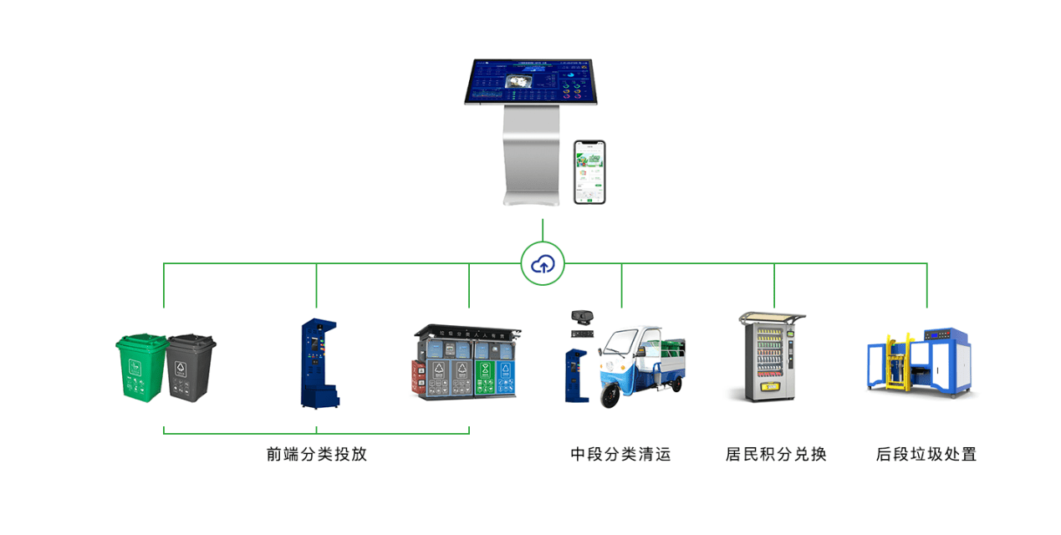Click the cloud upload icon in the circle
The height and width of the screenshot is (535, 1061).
(x=543, y=265)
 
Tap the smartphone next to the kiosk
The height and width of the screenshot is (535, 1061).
(x=589, y=171)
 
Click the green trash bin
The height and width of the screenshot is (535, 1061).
(x=140, y=368)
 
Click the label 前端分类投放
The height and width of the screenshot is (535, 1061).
(x=317, y=455)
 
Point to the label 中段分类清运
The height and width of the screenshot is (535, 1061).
(x=620, y=455)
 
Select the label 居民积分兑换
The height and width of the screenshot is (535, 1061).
(x=775, y=455)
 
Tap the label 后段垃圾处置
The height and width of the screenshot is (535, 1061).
(x=926, y=455)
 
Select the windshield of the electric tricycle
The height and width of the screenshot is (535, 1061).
(x=620, y=344)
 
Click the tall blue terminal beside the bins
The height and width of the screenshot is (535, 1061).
(x=315, y=364)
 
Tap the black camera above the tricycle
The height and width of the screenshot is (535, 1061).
(x=582, y=317)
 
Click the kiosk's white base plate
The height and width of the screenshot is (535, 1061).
(x=530, y=199)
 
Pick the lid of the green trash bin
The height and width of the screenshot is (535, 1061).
(x=141, y=341)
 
